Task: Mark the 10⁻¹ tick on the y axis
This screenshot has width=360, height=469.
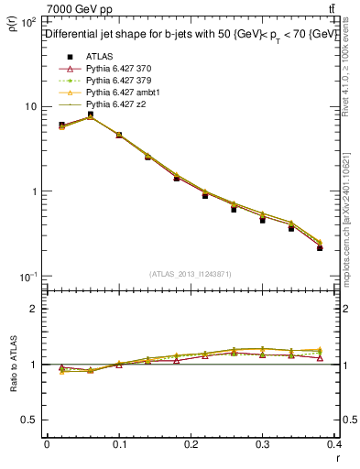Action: point(28,277)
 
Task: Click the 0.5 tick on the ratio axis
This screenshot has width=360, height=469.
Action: point(31,420)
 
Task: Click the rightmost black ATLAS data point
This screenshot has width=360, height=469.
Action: point(345,248)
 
